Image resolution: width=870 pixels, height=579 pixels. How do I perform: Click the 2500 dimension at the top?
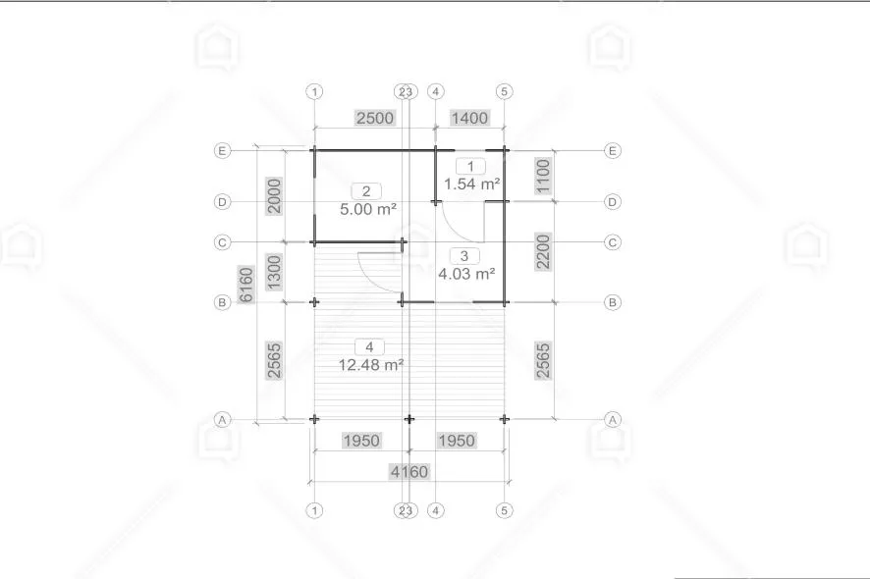tap(375, 118)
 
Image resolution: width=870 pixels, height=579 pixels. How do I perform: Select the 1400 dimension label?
tap(469, 118)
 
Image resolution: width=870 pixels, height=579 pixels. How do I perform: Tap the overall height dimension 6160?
tap(245, 285)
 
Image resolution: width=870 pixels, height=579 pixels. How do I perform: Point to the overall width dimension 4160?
tap(409, 472)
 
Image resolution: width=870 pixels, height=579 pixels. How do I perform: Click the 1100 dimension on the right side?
tap(543, 176)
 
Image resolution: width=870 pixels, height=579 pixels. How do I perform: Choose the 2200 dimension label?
tap(543, 252)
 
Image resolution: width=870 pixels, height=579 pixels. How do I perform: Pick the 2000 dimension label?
tap(275, 196)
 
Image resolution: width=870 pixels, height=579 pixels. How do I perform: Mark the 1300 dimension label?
tap(275, 272)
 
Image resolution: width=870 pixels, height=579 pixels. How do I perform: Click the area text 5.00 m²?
tap(368, 209)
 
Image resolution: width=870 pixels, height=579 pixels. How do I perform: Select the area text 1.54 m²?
tap(472, 184)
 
